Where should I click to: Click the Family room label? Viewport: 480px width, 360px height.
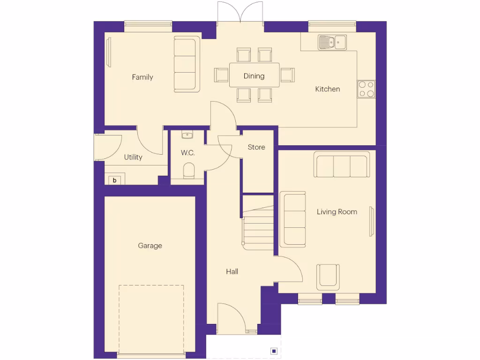[x=142, y=77]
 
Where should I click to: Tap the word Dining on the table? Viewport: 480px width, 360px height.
[x=254, y=76]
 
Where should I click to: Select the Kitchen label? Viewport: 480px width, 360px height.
[x=327, y=89]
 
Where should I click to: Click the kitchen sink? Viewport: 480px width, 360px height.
[x=332, y=43]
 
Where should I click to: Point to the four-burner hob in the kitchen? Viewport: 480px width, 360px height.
[x=366, y=89]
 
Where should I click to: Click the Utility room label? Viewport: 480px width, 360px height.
[x=133, y=157]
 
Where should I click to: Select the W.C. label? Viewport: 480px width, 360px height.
[x=187, y=153]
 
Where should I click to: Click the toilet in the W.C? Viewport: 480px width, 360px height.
[x=188, y=171]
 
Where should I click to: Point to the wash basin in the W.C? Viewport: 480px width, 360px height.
[x=187, y=135]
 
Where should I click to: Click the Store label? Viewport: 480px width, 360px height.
[x=256, y=147]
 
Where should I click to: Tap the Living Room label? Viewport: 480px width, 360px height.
[x=337, y=212]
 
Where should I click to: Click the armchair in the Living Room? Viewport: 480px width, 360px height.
[x=328, y=277]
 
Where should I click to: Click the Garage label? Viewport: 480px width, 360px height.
[x=150, y=246]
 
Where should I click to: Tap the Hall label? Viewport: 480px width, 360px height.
[x=232, y=271]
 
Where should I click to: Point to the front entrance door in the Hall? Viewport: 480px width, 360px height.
[x=231, y=319]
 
